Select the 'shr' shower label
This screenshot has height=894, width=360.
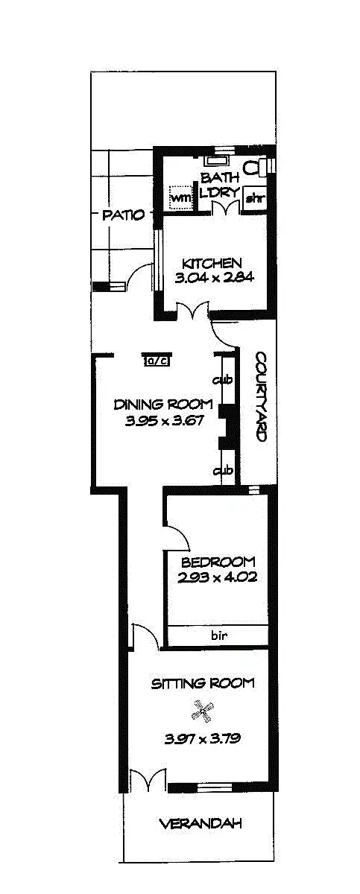[x=256, y=198]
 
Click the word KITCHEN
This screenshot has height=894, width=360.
[x=212, y=263]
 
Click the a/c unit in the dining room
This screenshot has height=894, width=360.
[x=157, y=361]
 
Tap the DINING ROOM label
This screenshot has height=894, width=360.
[x=163, y=405]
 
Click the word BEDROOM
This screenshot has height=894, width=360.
[x=218, y=562]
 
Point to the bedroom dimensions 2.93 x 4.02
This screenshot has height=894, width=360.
[x=218, y=577]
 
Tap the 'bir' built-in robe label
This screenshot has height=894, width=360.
[x=218, y=635]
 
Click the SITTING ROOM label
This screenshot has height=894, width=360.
[x=203, y=682]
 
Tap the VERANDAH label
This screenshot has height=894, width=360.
[x=201, y=823]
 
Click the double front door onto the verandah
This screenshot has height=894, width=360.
[x=148, y=782]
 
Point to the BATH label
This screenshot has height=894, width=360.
[x=220, y=177]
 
